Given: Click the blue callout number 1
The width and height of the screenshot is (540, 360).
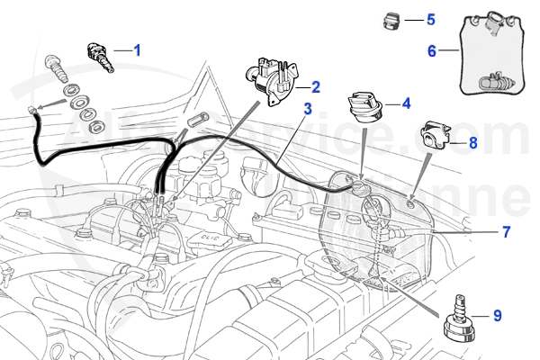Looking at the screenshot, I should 138,50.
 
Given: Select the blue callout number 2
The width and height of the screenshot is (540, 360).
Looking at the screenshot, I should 316,87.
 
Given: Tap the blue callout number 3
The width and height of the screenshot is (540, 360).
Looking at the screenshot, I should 308,110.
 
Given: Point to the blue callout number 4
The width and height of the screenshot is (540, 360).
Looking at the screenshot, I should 406,103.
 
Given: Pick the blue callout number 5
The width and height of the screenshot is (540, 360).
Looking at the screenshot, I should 430,19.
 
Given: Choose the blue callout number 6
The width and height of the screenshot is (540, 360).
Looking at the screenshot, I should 432,51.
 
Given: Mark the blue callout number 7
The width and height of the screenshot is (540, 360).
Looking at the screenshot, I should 506,232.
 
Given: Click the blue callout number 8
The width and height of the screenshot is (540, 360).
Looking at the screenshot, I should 472,142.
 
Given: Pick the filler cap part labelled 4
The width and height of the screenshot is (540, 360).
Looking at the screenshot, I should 365,108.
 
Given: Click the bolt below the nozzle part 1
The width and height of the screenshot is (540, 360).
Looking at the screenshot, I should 59,68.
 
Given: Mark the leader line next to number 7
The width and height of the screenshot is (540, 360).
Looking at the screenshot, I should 468,232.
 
